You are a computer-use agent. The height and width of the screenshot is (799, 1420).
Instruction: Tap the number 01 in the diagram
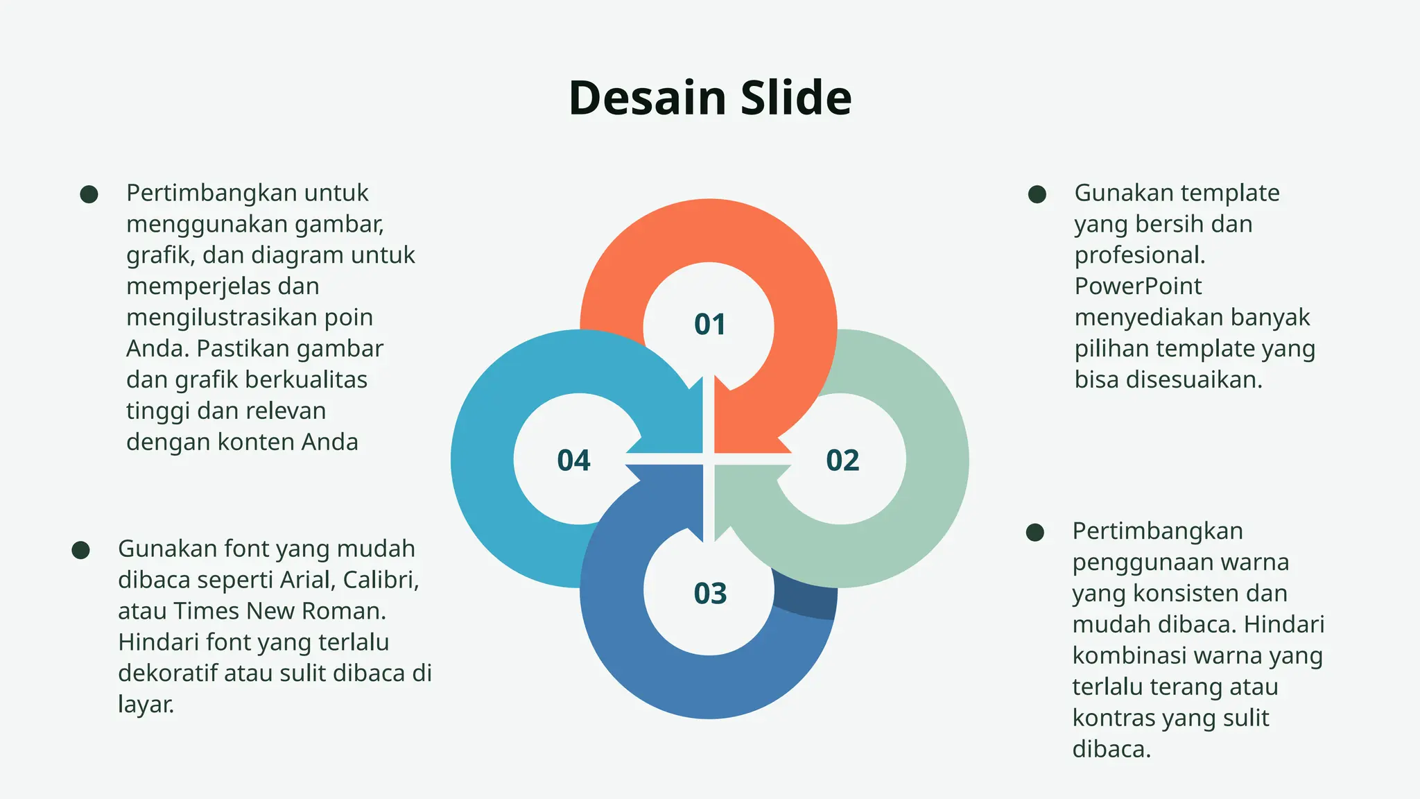(x=709, y=325)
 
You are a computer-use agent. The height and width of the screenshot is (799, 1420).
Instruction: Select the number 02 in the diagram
(x=842, y=461)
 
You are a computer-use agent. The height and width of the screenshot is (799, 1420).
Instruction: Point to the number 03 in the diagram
(x=709, y=594)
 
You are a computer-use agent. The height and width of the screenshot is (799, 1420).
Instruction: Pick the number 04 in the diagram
(x=573, y=461)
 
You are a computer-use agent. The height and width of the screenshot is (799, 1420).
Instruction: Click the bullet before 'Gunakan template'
(x=1037, y=194)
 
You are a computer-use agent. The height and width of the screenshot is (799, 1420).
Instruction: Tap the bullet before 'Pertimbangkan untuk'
(x=89, y=194)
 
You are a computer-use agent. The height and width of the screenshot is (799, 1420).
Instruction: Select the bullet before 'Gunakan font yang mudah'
(x=80, y=551)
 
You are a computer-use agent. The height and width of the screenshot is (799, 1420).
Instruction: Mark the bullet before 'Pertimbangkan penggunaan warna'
(x=1034, y=533)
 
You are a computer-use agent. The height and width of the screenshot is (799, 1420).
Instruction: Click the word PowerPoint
(x=1137, y=286)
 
